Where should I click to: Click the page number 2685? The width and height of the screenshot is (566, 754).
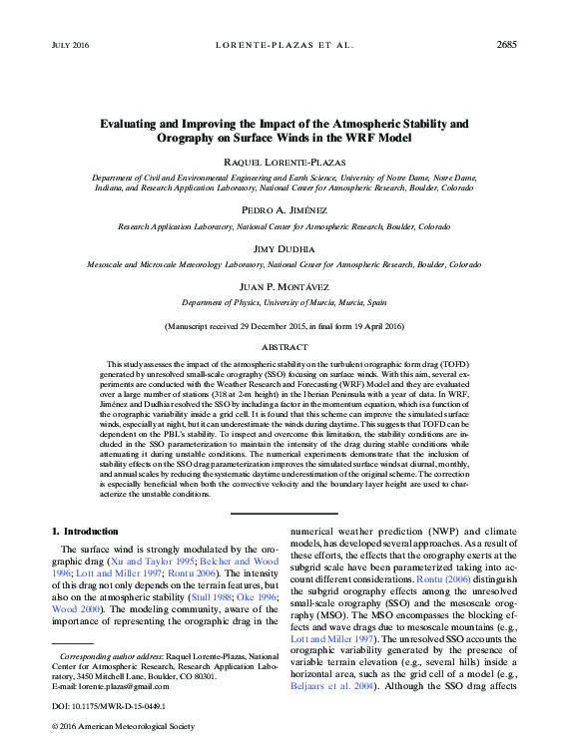[x=505, y=45]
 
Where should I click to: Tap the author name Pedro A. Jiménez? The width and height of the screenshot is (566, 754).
[x=283, y=210]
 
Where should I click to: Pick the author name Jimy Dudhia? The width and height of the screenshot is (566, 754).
[x=283, y=248]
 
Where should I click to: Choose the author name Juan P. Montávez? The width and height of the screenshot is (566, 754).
[x=283, y=286]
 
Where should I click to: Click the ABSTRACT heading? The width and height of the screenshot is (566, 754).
[x=283, y=347]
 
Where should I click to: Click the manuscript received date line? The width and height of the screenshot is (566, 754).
[x=283, y=326]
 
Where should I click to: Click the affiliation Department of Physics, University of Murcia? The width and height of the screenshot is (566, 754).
[x=283, y=302]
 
